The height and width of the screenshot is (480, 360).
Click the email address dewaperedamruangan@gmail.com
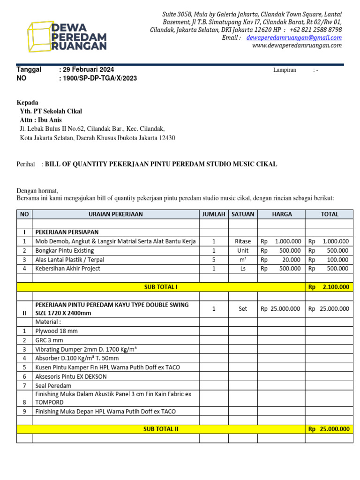coord(294,37)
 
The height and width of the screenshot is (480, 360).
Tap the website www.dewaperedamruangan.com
coord(297,45)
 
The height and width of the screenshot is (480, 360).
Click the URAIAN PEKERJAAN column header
coord(115,214)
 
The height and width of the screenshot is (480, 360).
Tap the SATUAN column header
coord(243,214)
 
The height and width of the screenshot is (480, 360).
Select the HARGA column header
coord(281,214)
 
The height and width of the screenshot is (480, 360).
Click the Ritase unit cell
coord(243,241)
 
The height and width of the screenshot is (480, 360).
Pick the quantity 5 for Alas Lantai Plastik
coord(214,260)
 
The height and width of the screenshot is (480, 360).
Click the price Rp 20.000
coord(281,260)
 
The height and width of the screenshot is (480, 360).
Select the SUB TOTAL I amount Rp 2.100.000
coord(329,287)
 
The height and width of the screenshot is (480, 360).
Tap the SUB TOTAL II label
coord(160,429)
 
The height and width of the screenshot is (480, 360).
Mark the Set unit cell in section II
coord(243,309)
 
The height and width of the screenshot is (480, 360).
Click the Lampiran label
coord(285,70)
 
